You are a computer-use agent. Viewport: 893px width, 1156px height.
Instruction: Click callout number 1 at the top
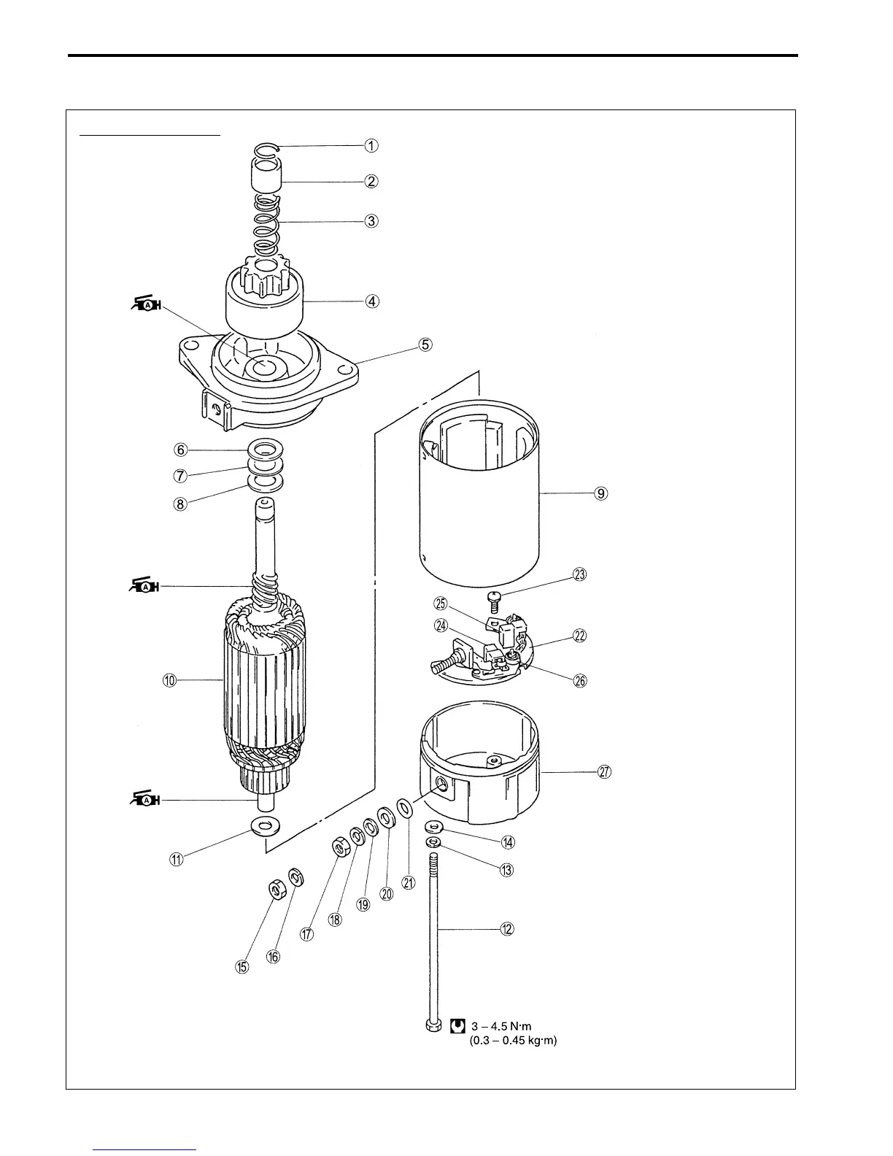(371, 145)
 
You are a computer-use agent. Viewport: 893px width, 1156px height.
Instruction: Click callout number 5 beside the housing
(425, 344)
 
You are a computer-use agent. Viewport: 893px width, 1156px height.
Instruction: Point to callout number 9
(600, 493)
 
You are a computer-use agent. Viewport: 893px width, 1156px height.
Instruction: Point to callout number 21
(409, 882)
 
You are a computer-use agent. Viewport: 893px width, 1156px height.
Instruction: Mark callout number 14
(508, 841)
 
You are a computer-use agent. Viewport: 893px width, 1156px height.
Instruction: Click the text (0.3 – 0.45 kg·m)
(513, 1041)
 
